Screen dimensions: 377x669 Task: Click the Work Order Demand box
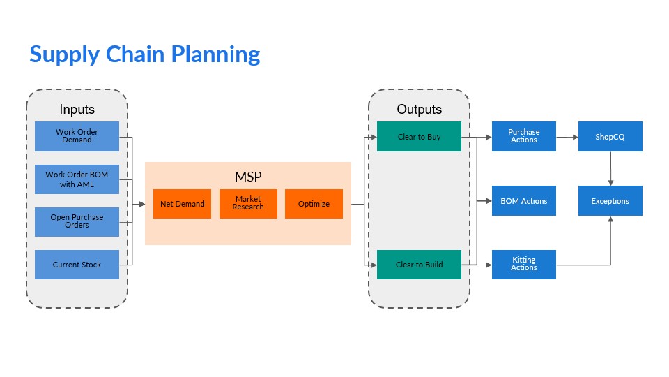point(77,136)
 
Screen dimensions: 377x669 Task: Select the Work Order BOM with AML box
point(77,179)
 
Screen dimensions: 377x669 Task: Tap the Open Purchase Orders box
point(77,221)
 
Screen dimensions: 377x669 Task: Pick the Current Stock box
point(77,265)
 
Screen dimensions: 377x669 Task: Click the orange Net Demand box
point(182,204)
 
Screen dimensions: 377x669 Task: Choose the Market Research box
point(248,204)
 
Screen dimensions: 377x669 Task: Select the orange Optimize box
point(314,204)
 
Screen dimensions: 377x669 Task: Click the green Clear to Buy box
point(419,137)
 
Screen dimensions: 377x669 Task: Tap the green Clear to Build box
point(419,265)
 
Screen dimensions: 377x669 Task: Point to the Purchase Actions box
point(523,136)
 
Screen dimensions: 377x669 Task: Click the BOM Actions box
point(523,201)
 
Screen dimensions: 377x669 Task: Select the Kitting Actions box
point(523,264)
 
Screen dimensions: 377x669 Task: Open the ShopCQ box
point(610,137)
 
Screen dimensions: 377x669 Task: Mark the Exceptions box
point(610,201)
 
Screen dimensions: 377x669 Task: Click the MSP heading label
point(248,176)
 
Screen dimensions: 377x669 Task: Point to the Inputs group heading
point(77,110)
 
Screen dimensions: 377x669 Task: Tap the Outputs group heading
point(419,110)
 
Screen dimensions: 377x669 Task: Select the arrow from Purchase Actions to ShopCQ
point(567,137)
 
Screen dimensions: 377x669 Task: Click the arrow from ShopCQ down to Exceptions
point(610,168)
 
